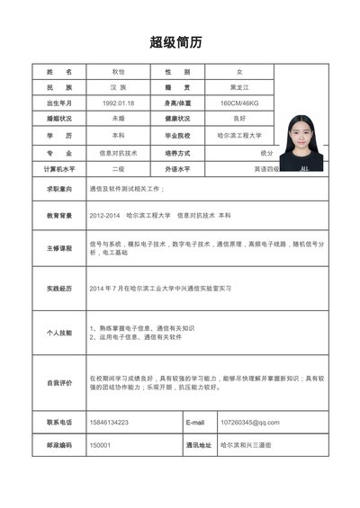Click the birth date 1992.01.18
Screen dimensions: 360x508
[118, 103]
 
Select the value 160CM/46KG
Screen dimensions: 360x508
[238, 103]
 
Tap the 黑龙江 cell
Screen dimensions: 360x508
[238, 87]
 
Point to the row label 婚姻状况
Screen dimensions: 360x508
[59, 119]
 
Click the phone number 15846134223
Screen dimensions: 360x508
[109, 422]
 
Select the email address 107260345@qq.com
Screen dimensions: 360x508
[249, 422]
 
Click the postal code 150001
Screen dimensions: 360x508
[100, 445]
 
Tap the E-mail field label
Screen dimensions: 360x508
[195, 422]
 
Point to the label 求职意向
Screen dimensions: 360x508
[59, 190]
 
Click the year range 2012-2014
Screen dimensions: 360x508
[104, 216]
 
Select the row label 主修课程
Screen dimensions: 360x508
[59, 247]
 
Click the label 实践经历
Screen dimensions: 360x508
[59, 289]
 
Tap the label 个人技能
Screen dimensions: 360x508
[59, 333]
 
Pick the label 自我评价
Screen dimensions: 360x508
[59, 383]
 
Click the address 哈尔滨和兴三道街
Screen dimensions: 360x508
[246, 445]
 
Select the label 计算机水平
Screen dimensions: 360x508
[59, 169]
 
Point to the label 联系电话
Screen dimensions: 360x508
[59, 422]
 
